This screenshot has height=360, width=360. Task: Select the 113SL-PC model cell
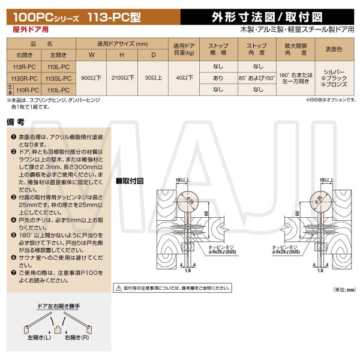[58, 79]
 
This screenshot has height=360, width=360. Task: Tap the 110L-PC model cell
[58, 89]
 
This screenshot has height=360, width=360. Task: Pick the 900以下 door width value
[91, 79]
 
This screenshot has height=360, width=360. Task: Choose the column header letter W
[91, 56]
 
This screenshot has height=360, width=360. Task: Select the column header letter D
[154, 56]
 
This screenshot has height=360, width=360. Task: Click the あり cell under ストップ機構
[218, 79]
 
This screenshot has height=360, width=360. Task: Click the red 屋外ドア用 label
[29, 29]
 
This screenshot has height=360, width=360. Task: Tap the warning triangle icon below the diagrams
[118, 289]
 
